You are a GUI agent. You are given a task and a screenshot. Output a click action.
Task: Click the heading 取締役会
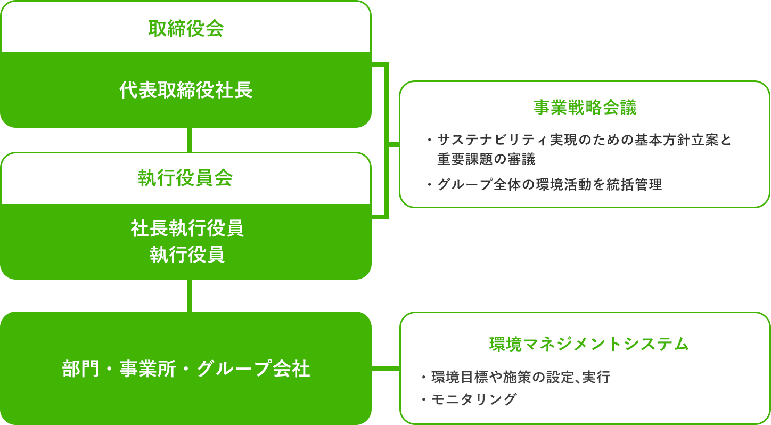point(185,28)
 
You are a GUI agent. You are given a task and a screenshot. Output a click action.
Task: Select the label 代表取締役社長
point(185,91)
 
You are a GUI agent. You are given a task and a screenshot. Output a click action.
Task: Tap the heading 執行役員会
point(185,178)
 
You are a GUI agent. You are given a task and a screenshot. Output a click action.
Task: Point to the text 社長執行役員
point(187,228)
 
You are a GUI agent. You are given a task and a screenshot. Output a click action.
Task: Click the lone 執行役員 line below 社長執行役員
point(187,255)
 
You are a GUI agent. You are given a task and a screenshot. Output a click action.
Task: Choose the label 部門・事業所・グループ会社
point(186,369)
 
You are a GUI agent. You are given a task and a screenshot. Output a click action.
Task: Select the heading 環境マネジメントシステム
point(589,344)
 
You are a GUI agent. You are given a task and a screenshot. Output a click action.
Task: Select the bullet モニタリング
point(473,399)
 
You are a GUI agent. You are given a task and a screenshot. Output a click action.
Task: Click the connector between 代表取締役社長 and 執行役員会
point(189,140)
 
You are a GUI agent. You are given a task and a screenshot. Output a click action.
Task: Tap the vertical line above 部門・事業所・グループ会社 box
point(189,295)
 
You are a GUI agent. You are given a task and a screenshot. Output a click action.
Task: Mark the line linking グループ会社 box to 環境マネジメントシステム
point(385,368)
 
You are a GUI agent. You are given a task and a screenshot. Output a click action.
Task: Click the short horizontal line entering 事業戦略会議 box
point(393,144)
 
